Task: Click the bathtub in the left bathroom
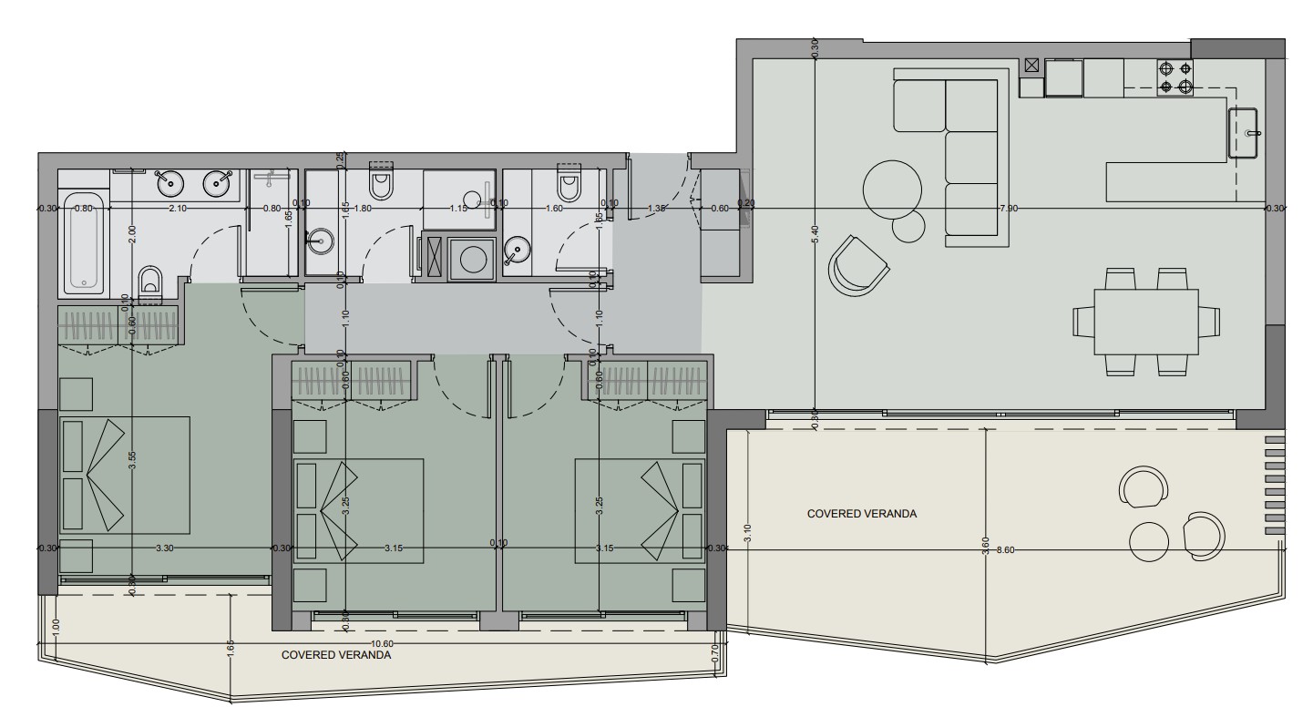tap(83, 241)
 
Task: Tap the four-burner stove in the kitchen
tap(1175, 77)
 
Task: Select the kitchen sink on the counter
tap(1243, 132)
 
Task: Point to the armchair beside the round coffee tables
tap(857, 266)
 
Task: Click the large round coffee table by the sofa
tap(892, 189)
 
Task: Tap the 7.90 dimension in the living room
tap(1009, 209)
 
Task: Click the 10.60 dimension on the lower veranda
tap(382, 643)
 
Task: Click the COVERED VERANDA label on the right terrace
tap(861, 514)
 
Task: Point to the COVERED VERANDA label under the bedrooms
tap(335, 654)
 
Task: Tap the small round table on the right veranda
tap(1149, 542)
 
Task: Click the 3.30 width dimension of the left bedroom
tap(164, 548)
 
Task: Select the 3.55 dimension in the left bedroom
tap(133, 461)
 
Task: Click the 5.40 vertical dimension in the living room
tap(815, 233)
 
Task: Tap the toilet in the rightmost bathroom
tap(569, 185)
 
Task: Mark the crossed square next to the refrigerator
tap(1031, 65)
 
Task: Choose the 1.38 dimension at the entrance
tap(655, 209)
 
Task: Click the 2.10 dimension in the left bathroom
tap(179, 209)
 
